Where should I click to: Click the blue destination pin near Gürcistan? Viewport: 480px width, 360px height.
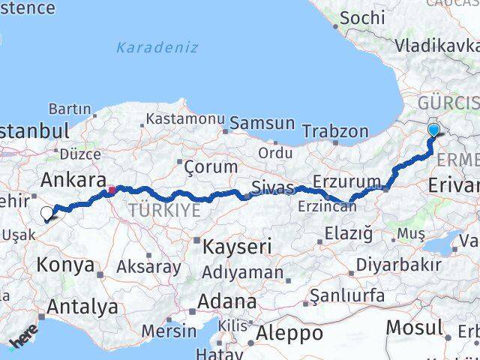pos(433,131)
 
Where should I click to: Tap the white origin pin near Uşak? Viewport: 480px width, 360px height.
pos(46,214)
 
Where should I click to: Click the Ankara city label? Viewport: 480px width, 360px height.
pos(72,180)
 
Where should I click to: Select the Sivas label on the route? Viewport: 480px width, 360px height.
pos(271,187)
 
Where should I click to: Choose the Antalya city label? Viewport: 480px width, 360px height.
pos(82,307)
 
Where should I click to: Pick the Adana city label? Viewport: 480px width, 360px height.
pos(227,301)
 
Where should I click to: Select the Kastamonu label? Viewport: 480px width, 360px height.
pos(185,118)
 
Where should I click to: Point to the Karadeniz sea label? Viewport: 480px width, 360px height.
pos(157,47)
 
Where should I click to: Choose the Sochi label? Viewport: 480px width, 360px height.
pos(363,16)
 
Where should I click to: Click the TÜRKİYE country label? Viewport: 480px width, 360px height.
pos(164,210)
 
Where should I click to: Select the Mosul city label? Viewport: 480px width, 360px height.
pos(413,328)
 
